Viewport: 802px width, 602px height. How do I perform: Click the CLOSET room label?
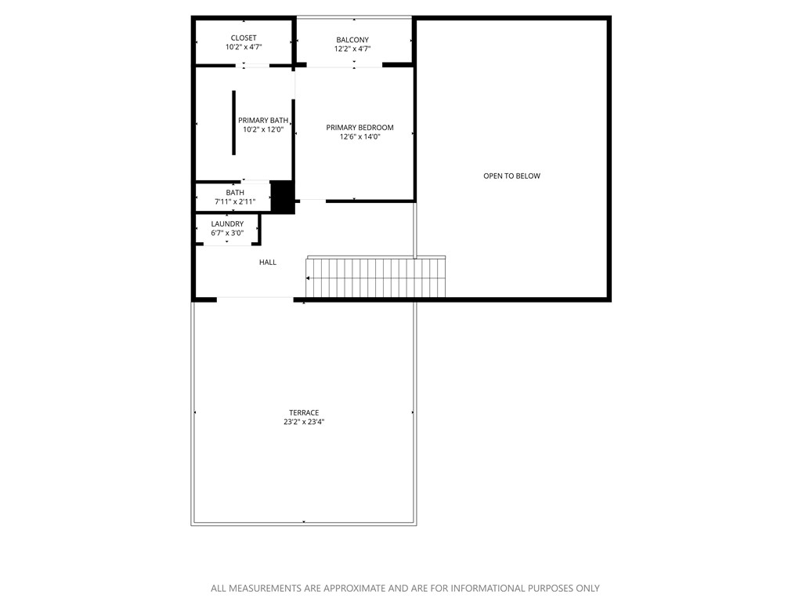coord(244,38)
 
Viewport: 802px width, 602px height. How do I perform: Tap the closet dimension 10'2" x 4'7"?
coord(244,47)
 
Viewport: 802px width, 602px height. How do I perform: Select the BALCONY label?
coord(352,40)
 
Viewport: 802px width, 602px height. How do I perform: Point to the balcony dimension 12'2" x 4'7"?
coord(352,49)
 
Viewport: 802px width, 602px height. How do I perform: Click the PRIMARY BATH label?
coord(263,120)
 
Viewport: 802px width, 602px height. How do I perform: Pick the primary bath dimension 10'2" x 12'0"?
coord(263,129)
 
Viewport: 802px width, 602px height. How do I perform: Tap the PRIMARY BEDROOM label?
coord(359,127)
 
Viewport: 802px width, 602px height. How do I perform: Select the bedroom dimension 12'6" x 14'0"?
coord(359,136)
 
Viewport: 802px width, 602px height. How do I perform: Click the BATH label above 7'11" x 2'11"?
coord(235,192)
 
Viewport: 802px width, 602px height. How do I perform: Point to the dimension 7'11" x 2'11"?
coord(235,201)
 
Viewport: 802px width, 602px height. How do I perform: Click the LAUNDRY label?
coord(227,223)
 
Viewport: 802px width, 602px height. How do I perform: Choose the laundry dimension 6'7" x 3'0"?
coord(227,233)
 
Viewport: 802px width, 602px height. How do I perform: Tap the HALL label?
coord(268,262)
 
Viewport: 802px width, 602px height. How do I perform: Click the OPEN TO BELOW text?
coord(511,176)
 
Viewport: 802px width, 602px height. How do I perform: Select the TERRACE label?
coord(304,412)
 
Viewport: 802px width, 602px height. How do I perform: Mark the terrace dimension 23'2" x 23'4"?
coord(304,422)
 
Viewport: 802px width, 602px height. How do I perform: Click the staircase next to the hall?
coord(376,278)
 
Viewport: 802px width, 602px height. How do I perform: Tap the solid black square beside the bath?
coord(282,197)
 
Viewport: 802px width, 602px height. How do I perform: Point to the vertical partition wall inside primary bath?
coord(233,123)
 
